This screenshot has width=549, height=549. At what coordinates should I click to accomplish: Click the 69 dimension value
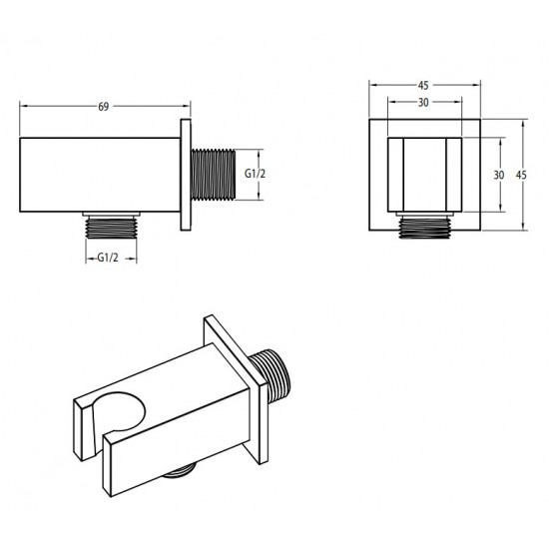[103, 107]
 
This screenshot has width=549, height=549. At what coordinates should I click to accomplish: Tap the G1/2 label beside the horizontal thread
[255, 174]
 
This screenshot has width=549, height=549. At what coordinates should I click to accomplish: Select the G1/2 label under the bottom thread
[108, 259]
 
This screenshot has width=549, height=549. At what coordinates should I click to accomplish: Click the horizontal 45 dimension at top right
[423, 85]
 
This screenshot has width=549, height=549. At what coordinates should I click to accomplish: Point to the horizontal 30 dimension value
[423, 102]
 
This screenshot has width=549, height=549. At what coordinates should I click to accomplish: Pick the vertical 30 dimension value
[499, 175]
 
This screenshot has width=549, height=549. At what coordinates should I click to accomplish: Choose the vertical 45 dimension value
[521, 175]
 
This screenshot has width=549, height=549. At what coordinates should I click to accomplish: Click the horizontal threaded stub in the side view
[213, 175]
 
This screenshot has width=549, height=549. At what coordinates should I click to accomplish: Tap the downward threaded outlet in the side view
[112, 228]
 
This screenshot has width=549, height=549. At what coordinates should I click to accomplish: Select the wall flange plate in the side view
[186, 175]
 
